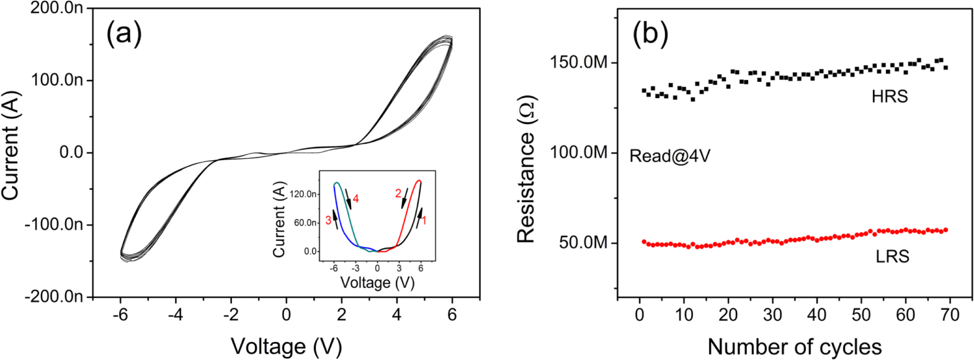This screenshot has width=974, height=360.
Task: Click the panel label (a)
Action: click(124, 34)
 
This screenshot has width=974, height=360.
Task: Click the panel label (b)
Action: click(650, 34)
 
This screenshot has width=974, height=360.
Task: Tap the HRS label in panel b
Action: click(889, 97)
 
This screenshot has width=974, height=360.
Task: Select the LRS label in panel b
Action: click(892, 256)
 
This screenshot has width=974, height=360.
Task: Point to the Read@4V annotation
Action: click(669, 156)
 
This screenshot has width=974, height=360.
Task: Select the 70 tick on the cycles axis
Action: click(949, 315)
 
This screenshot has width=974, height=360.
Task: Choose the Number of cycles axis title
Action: click(794, 346)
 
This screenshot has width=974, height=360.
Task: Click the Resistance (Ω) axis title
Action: click(526, 169)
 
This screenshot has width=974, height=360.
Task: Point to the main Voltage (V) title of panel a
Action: click(286, 346)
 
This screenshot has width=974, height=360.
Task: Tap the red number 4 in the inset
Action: click(356, 199)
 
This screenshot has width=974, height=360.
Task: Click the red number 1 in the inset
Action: click(424, 220)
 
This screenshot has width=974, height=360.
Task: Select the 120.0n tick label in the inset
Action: click(303, 194)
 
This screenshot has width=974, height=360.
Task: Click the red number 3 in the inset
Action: click(328, 220)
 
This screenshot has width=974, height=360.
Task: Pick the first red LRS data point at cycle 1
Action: click(644, 241)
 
